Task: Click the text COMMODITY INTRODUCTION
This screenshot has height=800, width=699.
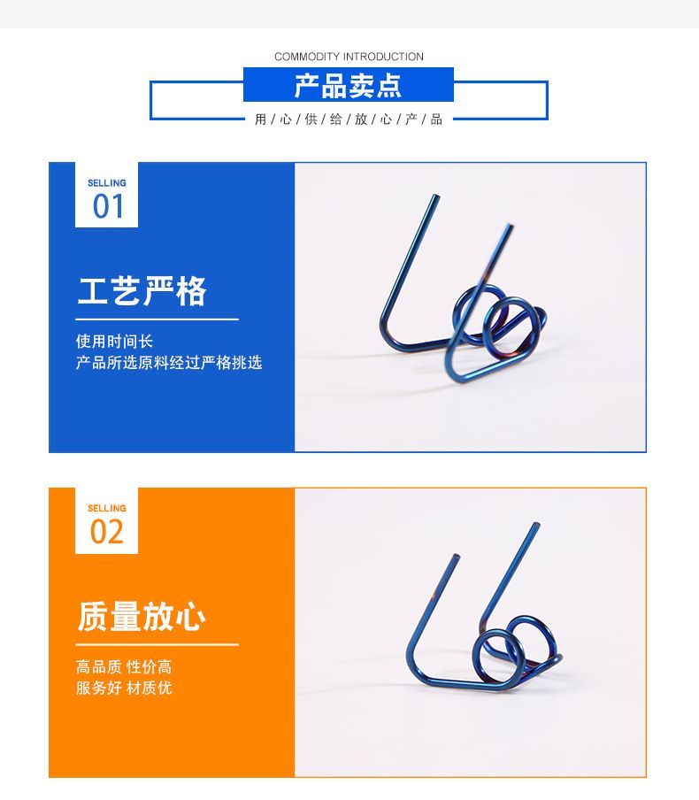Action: pos(349,57)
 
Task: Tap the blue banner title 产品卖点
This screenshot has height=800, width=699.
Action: pos(348,86)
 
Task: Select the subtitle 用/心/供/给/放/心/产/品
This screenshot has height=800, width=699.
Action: pos(349,119)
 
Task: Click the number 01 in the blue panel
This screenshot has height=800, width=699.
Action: pos(108,206)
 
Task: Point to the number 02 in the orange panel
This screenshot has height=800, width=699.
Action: pos(107,532)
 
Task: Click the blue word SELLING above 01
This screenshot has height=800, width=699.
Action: pos(107,182)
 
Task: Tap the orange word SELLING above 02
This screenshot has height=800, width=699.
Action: pos(107,508)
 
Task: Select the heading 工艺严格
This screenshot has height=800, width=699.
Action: pos(142,291)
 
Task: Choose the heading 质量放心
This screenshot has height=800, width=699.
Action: pos(142,616)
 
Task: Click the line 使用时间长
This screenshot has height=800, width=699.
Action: pos(114,341)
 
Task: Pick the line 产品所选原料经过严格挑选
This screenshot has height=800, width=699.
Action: pos(169,362)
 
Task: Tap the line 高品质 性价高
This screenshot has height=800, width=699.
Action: pos(124,666)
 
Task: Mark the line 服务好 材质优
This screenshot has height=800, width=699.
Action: pos(124,688)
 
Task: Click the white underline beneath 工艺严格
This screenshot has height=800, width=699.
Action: pos(157,319)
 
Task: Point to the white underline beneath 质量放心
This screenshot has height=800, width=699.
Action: pos(157,645)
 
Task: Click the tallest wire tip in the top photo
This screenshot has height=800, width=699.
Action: pos(436,196)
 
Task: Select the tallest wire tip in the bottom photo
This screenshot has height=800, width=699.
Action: pos(535,524)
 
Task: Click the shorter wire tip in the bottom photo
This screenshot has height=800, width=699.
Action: pos(457,556)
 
